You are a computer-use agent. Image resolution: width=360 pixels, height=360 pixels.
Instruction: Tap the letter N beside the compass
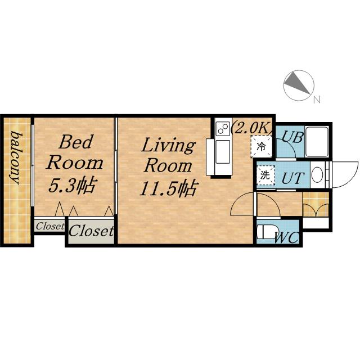317,100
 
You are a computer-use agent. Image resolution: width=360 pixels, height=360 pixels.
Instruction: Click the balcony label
16,157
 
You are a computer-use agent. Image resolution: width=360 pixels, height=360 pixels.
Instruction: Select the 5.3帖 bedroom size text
71,185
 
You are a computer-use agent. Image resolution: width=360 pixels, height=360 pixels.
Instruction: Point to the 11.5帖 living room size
168,188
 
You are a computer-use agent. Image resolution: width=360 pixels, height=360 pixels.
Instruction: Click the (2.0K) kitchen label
252,129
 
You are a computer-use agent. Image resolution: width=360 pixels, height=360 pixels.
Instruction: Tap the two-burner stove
223,128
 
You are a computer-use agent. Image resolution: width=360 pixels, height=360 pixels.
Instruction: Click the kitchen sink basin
223,152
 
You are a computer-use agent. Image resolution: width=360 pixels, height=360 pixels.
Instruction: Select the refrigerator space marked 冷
261,146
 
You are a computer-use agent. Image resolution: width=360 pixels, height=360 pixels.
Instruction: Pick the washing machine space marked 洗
265,175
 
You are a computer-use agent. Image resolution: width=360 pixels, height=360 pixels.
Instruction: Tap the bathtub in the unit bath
317,141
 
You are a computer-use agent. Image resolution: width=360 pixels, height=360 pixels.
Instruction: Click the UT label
292,178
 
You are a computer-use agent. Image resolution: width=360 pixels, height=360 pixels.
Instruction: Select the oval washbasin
317,175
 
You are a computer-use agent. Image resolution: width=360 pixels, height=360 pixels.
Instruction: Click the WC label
286,237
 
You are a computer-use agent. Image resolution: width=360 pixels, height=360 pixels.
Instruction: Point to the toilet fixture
266,232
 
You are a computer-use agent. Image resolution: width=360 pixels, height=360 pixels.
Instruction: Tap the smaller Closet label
50,226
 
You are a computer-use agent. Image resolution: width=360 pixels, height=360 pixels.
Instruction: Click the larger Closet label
91,231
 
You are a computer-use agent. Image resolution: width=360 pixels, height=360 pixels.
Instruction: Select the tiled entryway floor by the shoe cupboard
316,204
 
